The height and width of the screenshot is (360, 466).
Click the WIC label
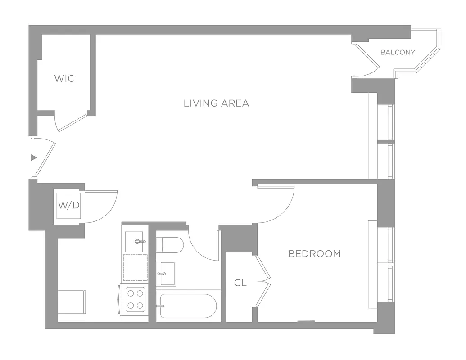(x=64, y=79)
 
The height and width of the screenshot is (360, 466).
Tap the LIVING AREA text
(x=216, y=103)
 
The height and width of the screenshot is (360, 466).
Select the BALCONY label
(x=398, y=52)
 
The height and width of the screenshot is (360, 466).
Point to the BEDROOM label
(x=314, y=254)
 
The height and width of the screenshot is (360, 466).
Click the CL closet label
(x=240, y=283)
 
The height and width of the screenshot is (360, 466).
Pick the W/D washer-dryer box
(x=69, y=206)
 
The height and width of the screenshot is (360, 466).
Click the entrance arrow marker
(x=33, y=157)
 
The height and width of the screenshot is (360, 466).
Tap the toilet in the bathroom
(x=170, y=245)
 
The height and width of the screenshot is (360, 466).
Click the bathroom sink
(x=166, y=273)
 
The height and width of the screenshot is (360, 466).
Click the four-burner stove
(x=135, y=299)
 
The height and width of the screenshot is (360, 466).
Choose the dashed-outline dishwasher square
(x=135, y=267)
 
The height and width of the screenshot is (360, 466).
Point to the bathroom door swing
(x=203, y=245)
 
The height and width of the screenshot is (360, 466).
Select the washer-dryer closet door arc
(x=104, y=207)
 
